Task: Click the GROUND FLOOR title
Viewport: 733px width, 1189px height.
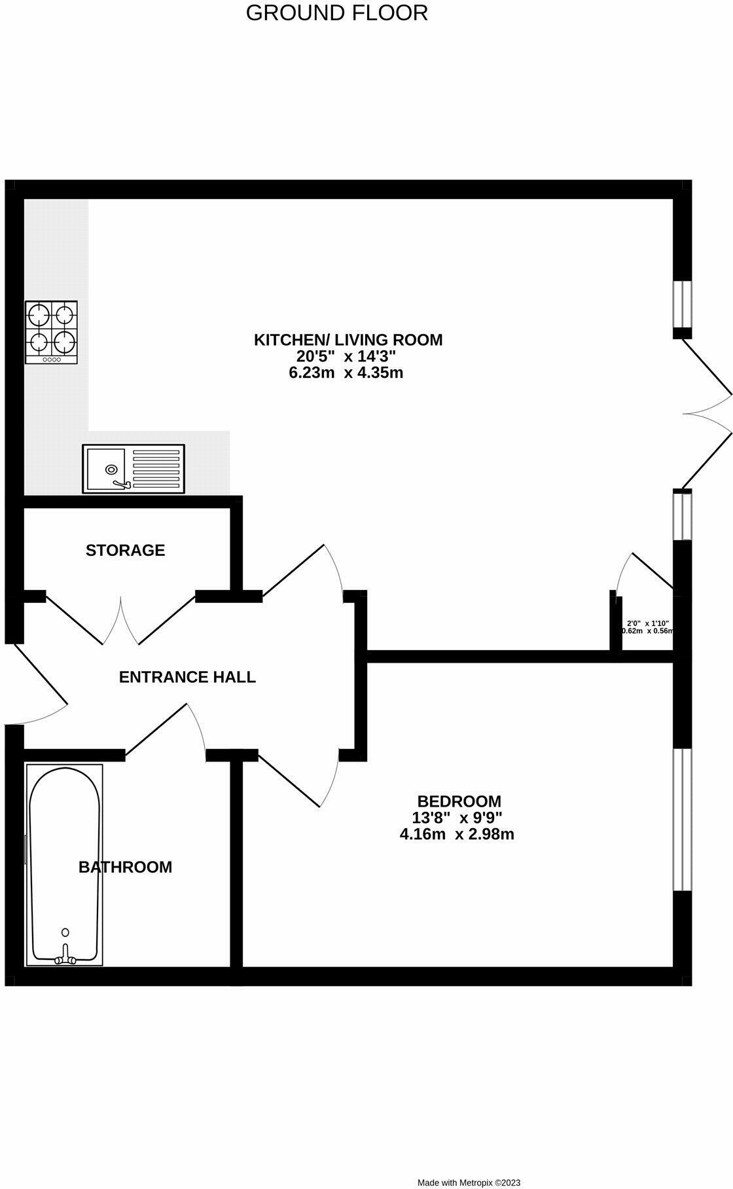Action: pos(336,13)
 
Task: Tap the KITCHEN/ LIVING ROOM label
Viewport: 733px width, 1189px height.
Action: pos(348,340)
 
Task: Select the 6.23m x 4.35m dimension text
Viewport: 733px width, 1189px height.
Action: pos(346,373)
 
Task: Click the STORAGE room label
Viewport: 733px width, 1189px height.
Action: pos(125,550)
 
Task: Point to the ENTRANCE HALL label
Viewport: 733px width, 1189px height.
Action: pos(187,677)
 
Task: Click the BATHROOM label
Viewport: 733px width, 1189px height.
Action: pos(125,867)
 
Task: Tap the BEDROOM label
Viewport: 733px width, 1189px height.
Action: pos(459,801)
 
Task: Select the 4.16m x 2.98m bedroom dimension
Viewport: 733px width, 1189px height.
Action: pos(456,834)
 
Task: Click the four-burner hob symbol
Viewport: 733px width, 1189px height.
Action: pos(51,332)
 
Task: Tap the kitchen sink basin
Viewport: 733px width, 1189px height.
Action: pos(105,468)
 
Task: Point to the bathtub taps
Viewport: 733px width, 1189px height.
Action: pos(65,958)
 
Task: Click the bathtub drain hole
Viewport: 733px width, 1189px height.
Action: pos(65,932)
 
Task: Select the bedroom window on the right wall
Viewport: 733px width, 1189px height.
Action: pos(683,820)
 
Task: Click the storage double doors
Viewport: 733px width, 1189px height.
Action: pos(121,619)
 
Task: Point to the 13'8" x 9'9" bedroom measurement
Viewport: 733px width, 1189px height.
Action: pos(457,817)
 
